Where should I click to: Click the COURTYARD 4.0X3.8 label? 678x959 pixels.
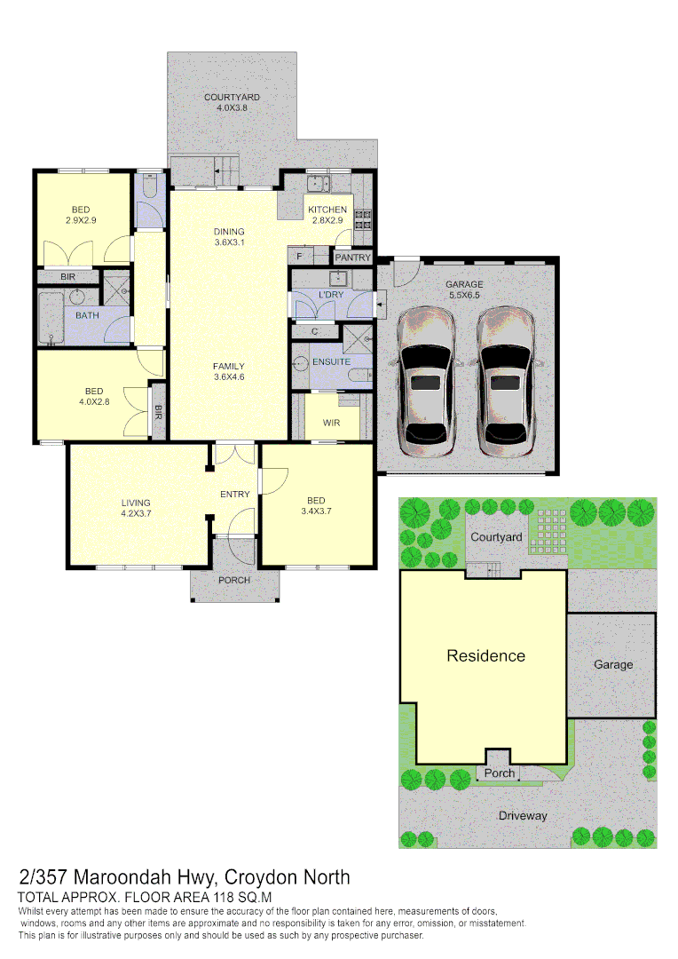(232, 102)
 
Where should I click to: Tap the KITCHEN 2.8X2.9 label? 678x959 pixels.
(327, 215)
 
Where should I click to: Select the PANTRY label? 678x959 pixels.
(353, 258)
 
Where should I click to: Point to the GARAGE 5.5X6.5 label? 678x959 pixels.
(464, 290)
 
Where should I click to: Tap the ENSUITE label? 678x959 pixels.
(331, 361)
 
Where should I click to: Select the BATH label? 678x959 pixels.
(87, 315)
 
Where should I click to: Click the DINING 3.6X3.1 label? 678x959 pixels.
(229, 237)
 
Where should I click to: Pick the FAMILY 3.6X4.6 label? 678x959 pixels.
(229, 371)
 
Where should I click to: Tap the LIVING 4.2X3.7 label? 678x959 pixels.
(136, 508)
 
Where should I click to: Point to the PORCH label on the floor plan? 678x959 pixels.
(234, 580)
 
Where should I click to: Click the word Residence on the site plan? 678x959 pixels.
(485, 656)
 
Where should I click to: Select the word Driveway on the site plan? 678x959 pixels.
(522, 815)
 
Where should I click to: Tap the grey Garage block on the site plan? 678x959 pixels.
(613, 664)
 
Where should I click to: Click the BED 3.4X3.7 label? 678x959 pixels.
(316, 504)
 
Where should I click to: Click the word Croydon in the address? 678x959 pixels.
(264, 877)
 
